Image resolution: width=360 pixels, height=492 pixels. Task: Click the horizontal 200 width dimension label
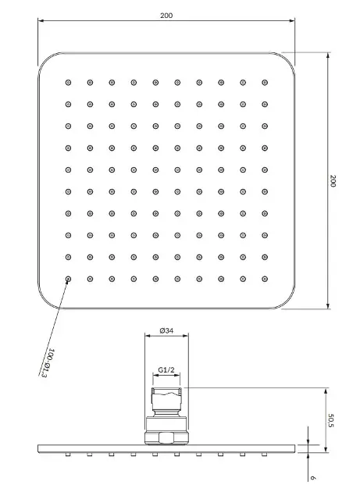(166, 16)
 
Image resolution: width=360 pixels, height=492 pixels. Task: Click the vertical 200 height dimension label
(333, 181)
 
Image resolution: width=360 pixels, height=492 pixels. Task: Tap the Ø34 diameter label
(166, 330)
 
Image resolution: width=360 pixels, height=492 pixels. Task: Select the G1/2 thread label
(166, 370)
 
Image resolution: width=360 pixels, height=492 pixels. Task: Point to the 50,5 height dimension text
(331, 420)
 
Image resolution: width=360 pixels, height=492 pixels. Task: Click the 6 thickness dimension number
(312, 478)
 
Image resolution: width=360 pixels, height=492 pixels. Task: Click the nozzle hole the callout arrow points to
(68, 279)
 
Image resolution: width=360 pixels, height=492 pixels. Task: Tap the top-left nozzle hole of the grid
(68, 83)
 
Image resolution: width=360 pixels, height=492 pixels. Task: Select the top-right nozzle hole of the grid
(265, 83)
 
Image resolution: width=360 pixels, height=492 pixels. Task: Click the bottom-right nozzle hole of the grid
(265, 279)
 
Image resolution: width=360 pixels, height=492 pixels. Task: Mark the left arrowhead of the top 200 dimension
(41, 21)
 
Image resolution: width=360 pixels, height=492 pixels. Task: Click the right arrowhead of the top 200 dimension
(292, 21)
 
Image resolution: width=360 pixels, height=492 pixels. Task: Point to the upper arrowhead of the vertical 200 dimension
(328, 55)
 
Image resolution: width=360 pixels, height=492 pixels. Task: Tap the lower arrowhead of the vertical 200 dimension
(328, 306)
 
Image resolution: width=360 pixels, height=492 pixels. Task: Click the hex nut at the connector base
(166, 438)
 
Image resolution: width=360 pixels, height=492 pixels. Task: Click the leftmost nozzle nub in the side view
(67, 455)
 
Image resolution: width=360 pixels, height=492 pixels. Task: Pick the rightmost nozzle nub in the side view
(264, 455)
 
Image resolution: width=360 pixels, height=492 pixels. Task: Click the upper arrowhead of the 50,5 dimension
(326, 390)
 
